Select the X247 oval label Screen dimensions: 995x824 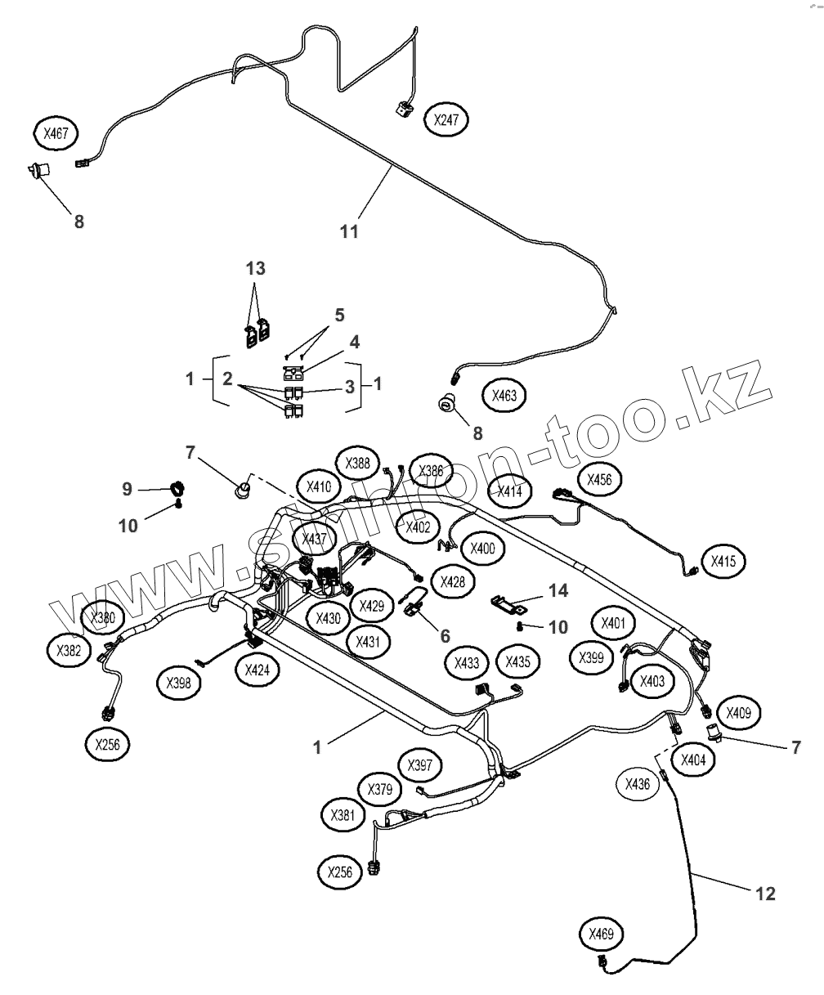click(446, 120)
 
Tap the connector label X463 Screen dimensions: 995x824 click(504, 395)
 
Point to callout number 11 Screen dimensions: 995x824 click(349, 232)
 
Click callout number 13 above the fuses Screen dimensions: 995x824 click(256, 269)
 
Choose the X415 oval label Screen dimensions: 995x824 click(723, 562)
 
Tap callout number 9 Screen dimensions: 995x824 click(127, 489)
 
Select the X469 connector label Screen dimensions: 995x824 click(601, 934)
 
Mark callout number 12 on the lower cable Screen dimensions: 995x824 click(765, 894)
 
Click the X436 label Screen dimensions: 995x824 click(637, 785)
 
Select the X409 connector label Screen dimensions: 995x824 click(739, 712)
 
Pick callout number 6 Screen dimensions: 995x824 click(445, 634)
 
